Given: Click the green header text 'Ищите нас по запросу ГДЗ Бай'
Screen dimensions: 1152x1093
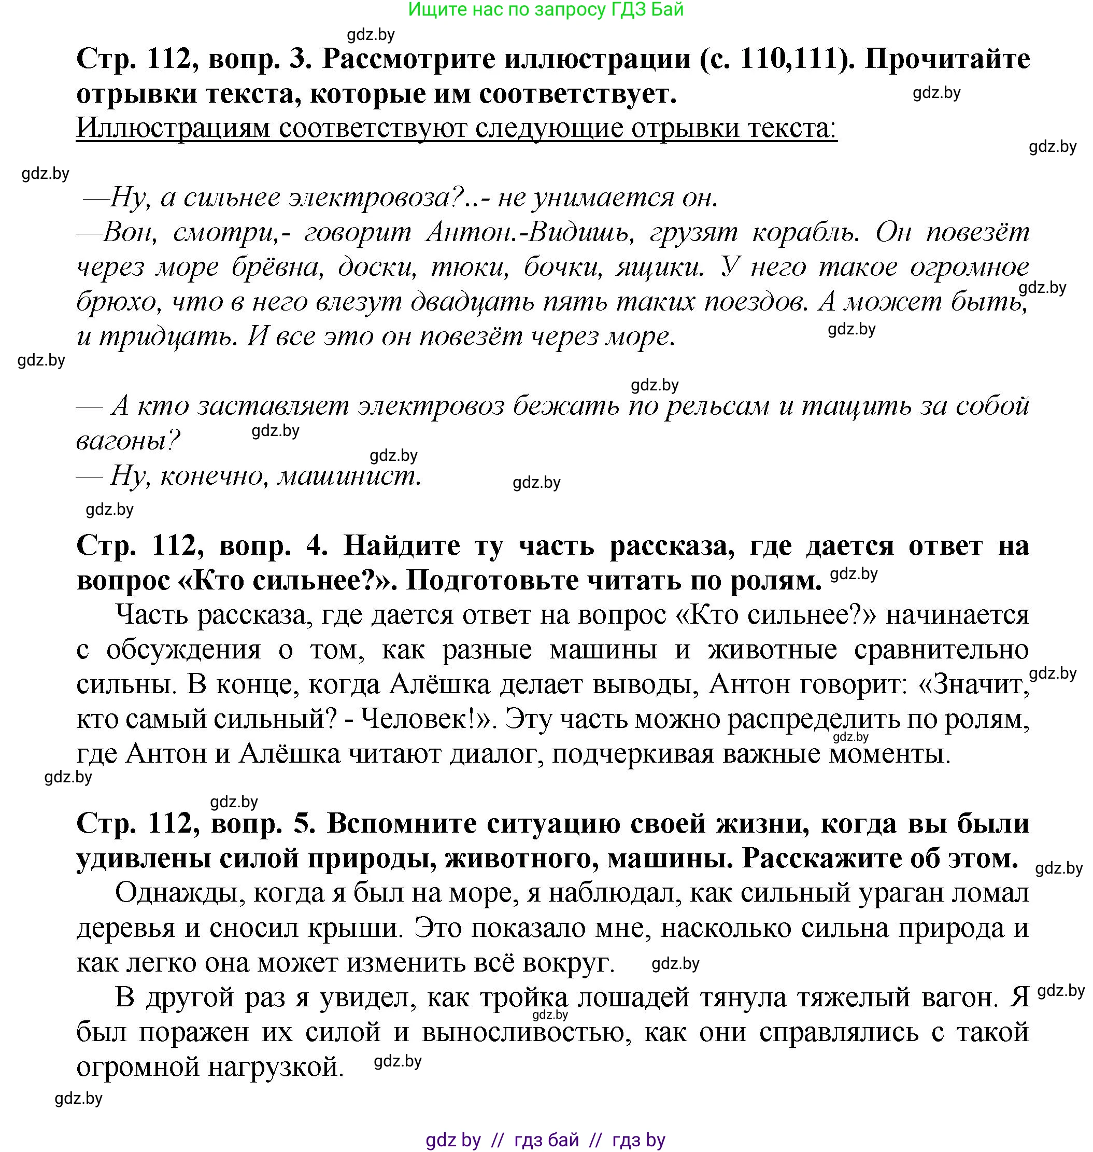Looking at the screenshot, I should coord(546,9).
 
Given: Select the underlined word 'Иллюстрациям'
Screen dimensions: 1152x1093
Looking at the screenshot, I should coord(173,128).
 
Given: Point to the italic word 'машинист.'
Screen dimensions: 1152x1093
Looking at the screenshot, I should coord(348,475).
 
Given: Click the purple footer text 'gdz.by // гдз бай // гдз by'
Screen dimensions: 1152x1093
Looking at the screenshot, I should coord(545,1140).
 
